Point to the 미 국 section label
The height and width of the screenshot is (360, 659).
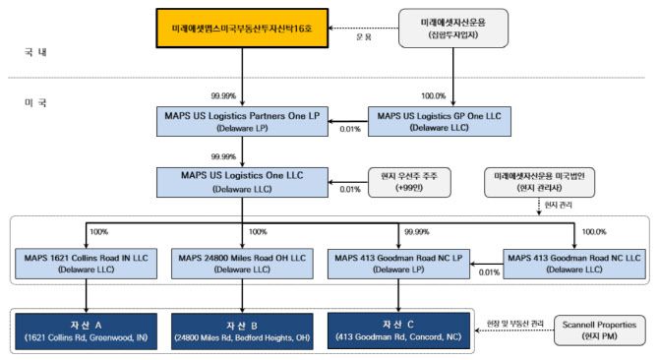tap(38, 101)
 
